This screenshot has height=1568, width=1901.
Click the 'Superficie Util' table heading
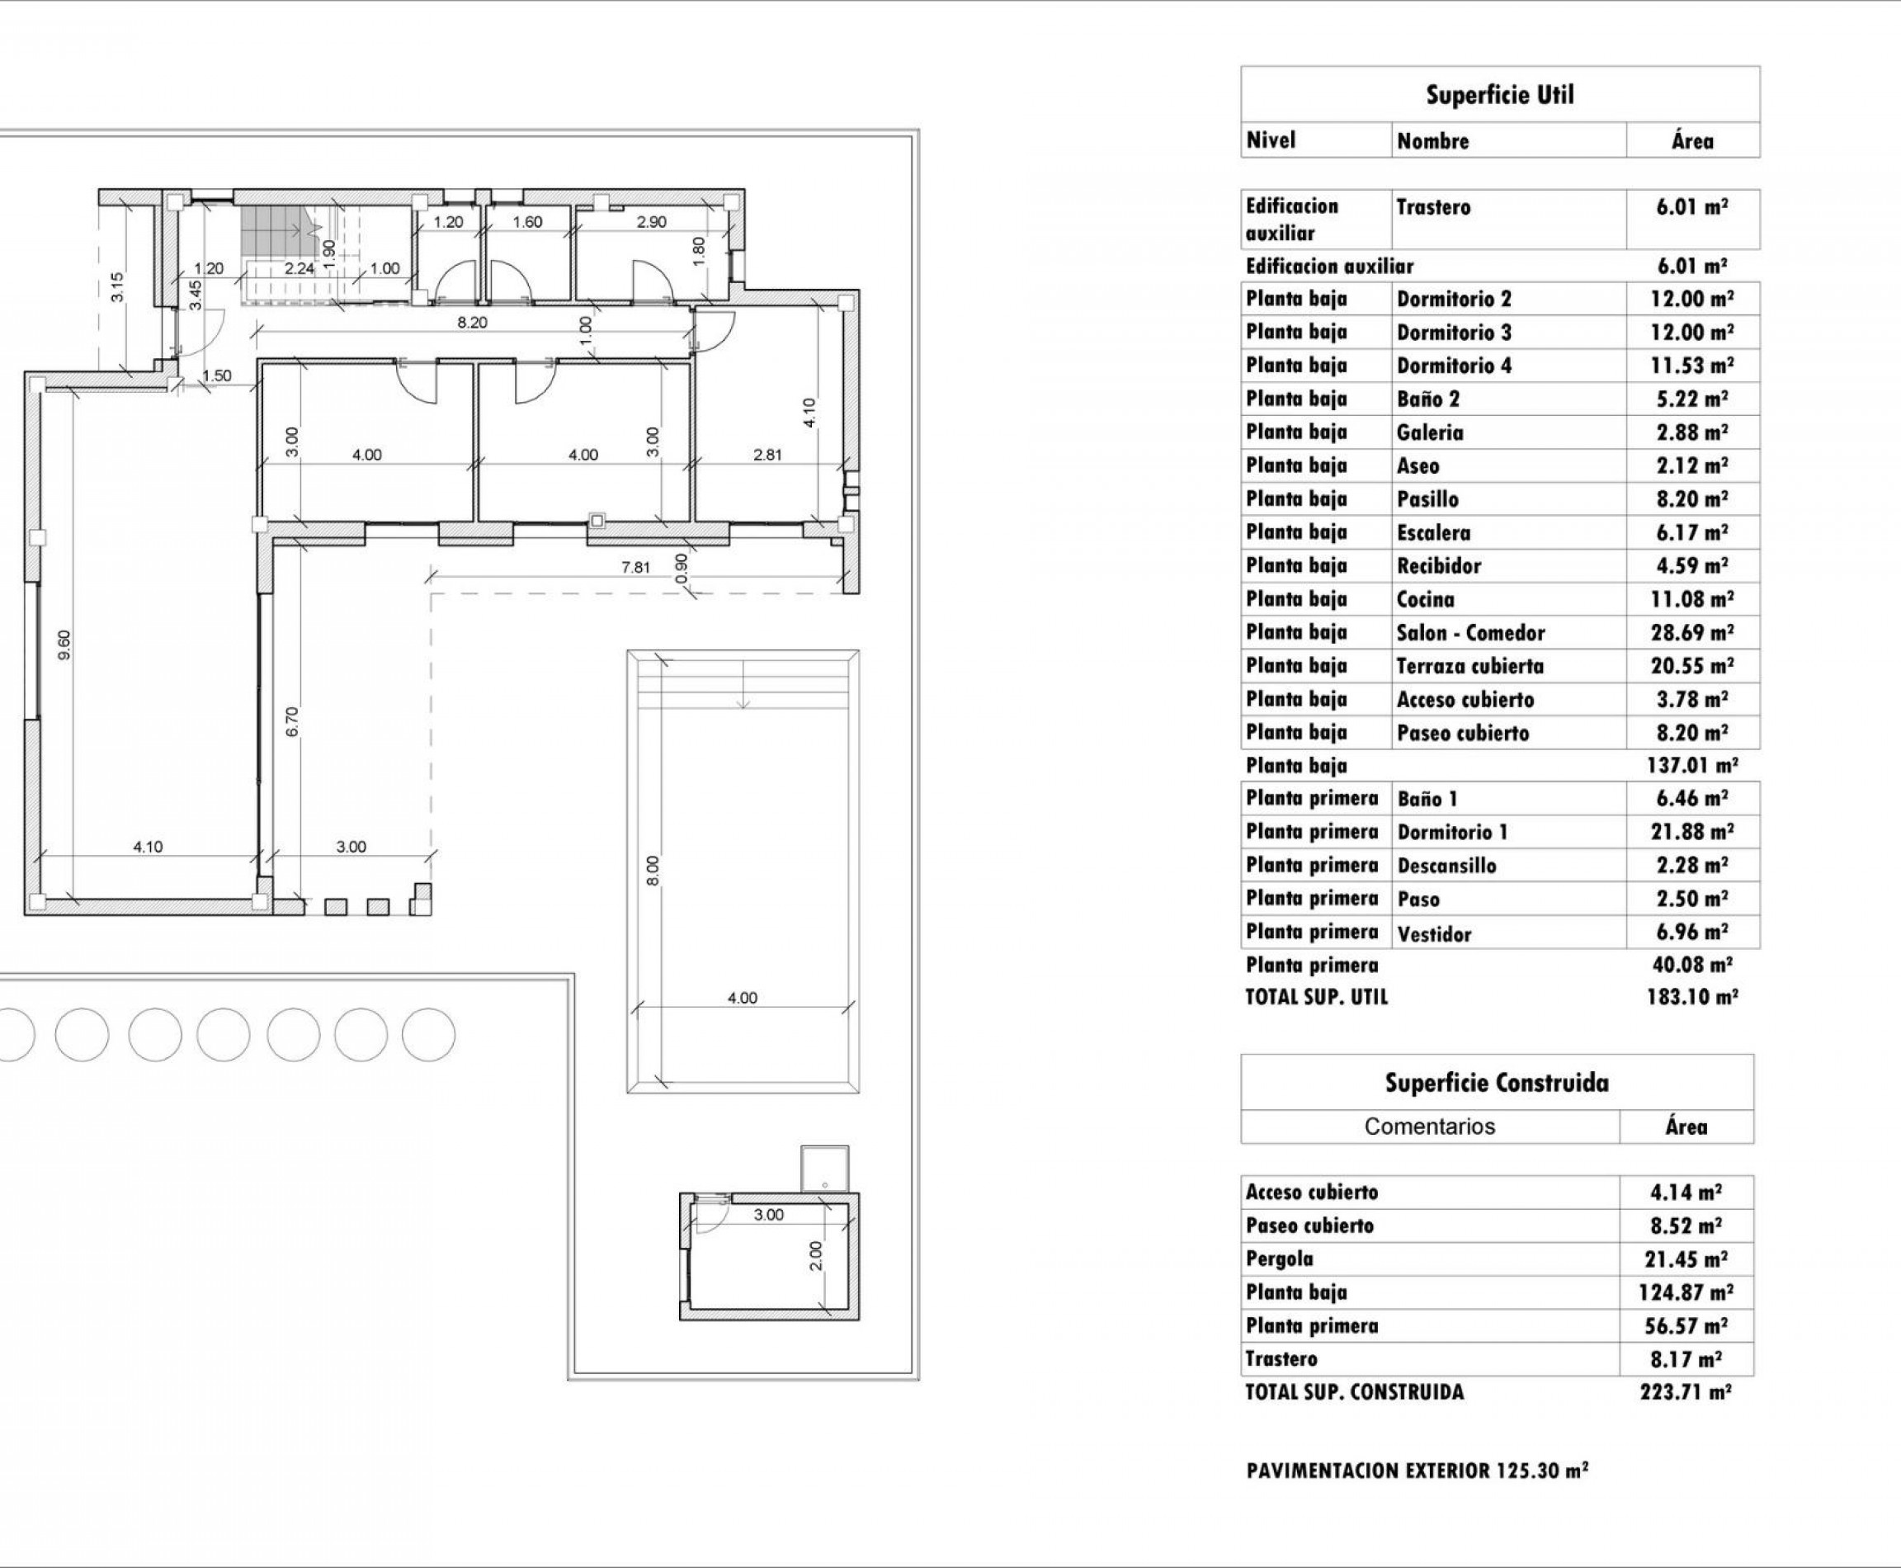tap(1499, 95)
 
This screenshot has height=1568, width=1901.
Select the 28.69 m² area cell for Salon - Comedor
tap(1691, 632)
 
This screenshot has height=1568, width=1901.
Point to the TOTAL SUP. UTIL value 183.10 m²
tap(1691, 997)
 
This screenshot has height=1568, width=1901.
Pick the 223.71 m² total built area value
tap(1685, 1392)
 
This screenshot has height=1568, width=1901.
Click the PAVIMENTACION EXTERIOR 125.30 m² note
tap(1417, 1471)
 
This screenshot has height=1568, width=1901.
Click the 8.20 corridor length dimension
tap(471, 323)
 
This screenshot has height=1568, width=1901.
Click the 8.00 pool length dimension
tap(653, 870)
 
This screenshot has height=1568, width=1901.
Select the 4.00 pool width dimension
tap(742, 998)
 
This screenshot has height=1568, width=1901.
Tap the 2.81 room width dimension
tap(767, 456)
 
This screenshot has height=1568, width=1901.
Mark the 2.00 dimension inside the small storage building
tap(815, 1254)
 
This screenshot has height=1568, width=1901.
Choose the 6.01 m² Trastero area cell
tap(1691, 207)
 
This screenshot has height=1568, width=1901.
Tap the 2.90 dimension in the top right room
tap(651, 221)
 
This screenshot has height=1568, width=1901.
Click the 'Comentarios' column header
tap(1429, 1126)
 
